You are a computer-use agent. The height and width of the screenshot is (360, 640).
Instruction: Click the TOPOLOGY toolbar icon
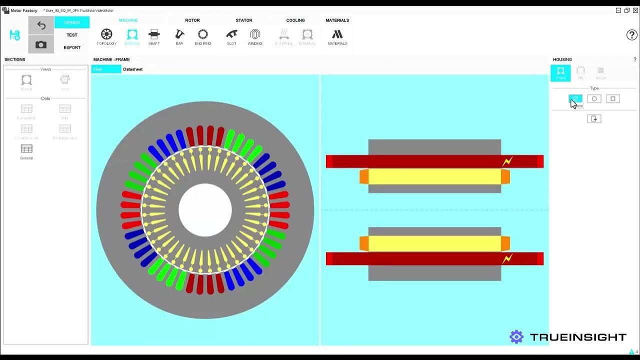[x=106, y=34]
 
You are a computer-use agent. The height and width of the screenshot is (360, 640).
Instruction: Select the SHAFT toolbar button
[x=154, y=34]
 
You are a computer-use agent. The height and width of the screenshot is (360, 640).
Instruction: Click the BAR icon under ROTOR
[x=179, y=34]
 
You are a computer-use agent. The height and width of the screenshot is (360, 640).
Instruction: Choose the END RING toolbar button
[x=203, y=34]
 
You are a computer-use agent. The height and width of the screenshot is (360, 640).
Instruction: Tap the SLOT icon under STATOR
[x=231, y=34]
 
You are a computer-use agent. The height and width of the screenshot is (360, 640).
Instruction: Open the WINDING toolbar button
[x=255, y=34]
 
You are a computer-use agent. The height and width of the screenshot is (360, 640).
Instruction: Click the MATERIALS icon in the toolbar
[x=337, y=34]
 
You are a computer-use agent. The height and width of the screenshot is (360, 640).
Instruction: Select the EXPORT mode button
[x=72, y=47]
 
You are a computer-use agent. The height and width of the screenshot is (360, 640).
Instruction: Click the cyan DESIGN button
[x=72, y=22]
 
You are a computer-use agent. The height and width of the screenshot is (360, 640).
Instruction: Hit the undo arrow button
[x=41, y=25]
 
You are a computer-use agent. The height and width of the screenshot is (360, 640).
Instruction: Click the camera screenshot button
[x=41, y=44]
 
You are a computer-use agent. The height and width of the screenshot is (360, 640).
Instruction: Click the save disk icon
[x=15, y=35]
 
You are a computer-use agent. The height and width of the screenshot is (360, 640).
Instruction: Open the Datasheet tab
[x=133, y=69]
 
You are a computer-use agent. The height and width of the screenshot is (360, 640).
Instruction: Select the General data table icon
[x=26, y=149]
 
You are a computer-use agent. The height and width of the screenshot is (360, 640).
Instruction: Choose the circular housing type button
[x=594, y=99]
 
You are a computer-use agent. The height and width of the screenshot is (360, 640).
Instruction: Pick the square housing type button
[x=613, y=99]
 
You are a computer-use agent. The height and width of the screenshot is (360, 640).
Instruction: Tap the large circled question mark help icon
[x=631, y=35]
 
